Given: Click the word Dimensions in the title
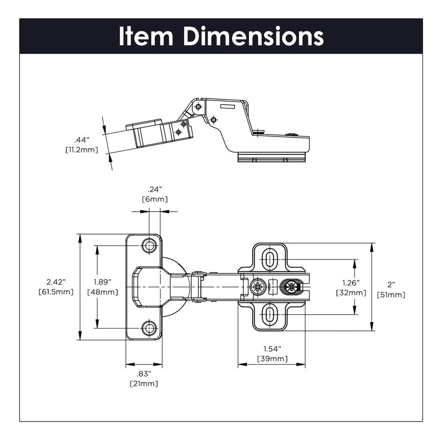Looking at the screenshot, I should (253, 36).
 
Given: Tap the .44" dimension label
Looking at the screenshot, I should (82, 140).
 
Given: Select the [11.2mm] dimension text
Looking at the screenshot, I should (82, 150).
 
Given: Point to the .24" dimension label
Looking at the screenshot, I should (155, 189).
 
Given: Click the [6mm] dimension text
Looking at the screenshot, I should (155, 199).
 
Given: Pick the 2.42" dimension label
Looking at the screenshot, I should (56, 282).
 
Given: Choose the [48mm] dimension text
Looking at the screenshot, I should (103, 292).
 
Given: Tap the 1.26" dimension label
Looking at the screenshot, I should (351, 283).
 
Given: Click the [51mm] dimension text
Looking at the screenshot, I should (391, 295).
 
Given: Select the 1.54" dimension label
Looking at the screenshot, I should (272, 349).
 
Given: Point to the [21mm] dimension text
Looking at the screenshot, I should (144, 384).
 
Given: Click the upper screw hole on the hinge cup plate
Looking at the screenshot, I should (150, 245).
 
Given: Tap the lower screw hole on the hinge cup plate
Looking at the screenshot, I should (150, 328).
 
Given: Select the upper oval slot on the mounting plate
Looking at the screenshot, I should (270, 259).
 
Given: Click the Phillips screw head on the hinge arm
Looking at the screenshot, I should (258, 286).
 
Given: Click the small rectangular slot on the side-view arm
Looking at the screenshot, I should (227, 107).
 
